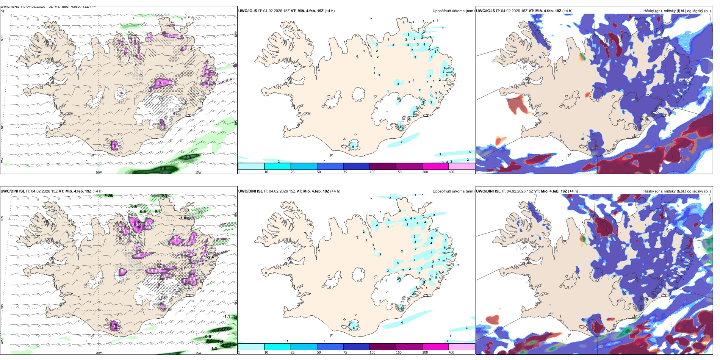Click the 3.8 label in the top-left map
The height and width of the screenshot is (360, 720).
(x=188, y=157)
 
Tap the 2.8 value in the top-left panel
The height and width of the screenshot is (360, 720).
(x=163, y=169)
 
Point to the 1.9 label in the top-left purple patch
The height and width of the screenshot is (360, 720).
(x=160, y=83)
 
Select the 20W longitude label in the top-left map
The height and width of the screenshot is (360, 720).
(x=99, y=172)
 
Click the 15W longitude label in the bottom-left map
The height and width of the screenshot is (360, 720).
(x=198, y=353)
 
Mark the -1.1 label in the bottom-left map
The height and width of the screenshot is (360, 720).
(x=227, y=316)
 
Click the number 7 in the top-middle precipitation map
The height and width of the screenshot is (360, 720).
(x=444, y=72)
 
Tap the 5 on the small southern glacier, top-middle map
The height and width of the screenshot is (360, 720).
(x=353, y=147)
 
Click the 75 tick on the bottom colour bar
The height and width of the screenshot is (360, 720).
(x=345, y=352)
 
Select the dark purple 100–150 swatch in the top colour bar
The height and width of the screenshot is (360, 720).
(x=383, y=166)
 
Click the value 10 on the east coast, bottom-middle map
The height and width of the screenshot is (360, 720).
(x=444, y=253)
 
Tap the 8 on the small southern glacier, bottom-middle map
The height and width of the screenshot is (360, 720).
(x=354, y=328)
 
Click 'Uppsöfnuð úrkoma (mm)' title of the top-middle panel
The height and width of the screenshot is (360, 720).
(x=453, y=11)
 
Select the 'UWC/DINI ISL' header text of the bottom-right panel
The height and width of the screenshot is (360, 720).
(x=488, y=191)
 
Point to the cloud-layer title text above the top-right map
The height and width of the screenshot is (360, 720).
(x=677, y=11)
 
